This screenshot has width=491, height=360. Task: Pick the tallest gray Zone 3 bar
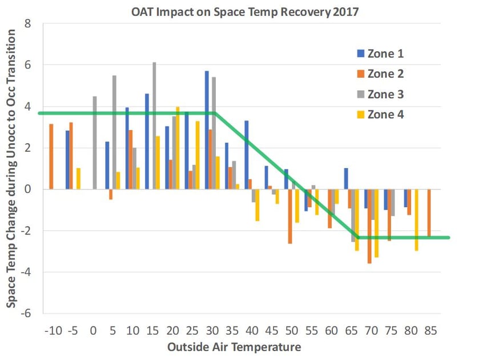pyautogui.click(x=154, y=126)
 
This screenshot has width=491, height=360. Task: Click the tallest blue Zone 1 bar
pyautogui.click(x=207, y=130)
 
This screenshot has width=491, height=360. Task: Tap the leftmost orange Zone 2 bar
pyautogui.click(x=51, y=156)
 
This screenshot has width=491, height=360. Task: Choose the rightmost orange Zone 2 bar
pyautogui.click(x=429, y=212)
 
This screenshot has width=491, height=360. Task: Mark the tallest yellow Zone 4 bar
pyautogui.click(x=178, y=148)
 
